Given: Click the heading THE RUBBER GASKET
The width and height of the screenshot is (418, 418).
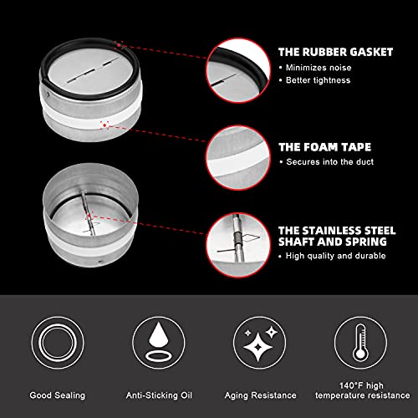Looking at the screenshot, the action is [335, 52].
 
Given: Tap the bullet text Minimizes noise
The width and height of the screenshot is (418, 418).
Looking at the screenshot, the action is [319, 68].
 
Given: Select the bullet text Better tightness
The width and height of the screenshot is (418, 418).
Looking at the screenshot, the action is [318, 80].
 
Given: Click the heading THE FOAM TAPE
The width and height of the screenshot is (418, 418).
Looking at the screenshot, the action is [325, 147].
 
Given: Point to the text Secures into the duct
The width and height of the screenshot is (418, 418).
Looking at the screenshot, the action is [330, 162].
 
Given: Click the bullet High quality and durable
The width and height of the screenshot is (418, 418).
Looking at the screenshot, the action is [336, 256].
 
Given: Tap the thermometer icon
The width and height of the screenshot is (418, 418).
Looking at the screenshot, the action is [360, 343].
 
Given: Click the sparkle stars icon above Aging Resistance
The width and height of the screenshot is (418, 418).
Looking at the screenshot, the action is [260, 343].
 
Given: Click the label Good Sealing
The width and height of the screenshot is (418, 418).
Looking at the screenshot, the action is [58, 395].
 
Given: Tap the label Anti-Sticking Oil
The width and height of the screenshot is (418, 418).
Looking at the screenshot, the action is [159, 395].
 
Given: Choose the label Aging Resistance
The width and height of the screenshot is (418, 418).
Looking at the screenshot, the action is [261, 395].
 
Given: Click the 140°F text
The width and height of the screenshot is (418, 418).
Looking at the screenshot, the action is [351, 385].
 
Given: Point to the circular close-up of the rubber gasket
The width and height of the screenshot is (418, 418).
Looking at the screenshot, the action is [238, 71].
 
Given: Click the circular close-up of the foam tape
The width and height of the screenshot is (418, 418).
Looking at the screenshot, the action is [238, 158].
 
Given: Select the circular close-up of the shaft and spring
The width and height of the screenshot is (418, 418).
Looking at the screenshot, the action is [238, 245].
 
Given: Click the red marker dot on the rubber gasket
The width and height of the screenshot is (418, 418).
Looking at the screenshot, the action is [119, 45].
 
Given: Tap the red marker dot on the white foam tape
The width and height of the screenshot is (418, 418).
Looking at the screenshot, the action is [104, 125].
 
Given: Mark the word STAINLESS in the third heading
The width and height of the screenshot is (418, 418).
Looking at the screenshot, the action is [326, 231].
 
